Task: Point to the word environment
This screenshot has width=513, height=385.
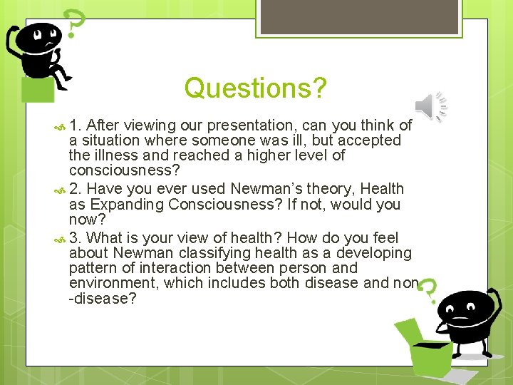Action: point(112,283)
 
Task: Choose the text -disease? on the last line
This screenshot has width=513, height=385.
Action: point(103,298)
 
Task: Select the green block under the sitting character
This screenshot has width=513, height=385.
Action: point(37,90)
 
